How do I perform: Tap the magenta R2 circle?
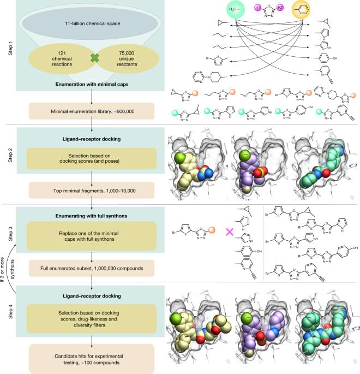(x=295, y=7)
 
